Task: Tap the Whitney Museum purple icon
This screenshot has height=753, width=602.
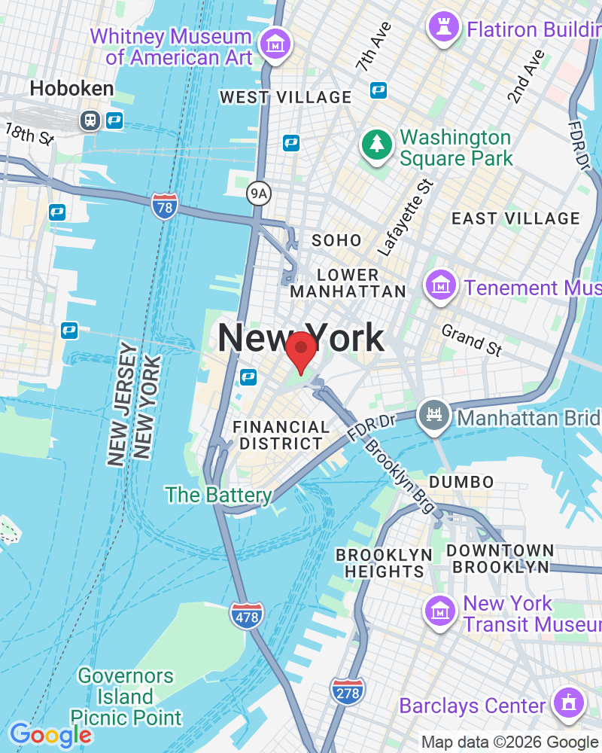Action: click(x=275, y=43)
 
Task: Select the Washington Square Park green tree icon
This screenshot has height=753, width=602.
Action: click(x=375, y=145)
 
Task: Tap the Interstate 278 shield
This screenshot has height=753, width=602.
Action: click(x=347, y=691)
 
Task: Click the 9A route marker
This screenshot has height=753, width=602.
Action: click(x=259, y=194)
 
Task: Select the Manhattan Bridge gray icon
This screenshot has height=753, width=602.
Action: click(x=436, y=415)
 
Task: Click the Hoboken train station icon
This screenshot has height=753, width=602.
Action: click(x=90, y=119)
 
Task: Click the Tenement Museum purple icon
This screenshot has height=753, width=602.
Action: click(x=439, y=285)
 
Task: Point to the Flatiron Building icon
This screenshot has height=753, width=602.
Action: click(x=442, y=27)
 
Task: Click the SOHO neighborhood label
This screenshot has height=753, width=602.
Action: click(x=336, y=241)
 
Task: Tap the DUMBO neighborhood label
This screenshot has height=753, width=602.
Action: click(x=461, y=482)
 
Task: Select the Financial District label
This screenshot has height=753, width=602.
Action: click(x=281, y=435)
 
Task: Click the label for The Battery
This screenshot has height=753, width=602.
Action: click(x=218, y=495)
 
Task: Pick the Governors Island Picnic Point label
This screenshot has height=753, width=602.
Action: click(x=126, y=697)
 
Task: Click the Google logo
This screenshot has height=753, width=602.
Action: click(x=50, y=735)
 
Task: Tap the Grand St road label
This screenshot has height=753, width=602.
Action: click(x=471, y=340)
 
